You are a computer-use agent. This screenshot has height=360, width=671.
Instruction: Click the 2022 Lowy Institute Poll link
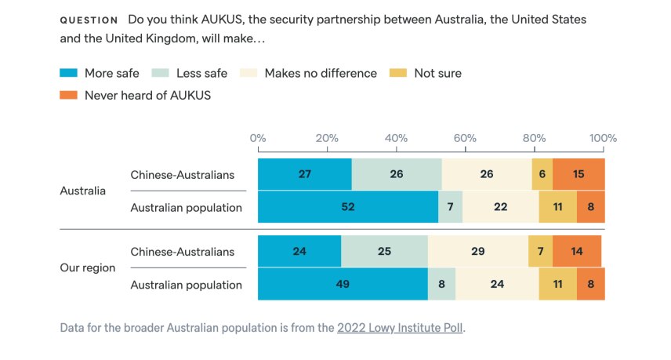401,328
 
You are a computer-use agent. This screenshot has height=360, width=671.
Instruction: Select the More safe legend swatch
69,74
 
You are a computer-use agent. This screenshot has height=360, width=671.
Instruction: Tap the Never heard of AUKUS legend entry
135,96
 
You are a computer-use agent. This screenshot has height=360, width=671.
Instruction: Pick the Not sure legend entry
427,74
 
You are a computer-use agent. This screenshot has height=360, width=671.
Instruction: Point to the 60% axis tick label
465,138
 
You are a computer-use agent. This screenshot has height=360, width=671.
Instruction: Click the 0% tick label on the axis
258,138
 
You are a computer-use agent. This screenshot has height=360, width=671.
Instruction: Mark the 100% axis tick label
603,138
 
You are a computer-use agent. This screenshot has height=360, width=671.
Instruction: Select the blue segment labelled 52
347,207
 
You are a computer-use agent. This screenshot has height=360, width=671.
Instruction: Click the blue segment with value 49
343,284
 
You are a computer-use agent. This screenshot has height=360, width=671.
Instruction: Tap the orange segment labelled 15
579,174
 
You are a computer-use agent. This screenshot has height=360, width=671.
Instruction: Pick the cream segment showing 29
478,251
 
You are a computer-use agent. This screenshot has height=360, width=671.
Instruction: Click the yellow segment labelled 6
542,174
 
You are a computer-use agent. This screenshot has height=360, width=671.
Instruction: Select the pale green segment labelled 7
450,207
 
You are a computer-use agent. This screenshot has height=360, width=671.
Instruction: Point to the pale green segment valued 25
384,251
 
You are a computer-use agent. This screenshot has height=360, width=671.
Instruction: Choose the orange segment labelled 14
577,251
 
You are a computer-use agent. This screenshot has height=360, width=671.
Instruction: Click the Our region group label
88,267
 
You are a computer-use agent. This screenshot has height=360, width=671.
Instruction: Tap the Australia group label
83,191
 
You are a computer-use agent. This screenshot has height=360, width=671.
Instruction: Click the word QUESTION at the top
89,20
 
